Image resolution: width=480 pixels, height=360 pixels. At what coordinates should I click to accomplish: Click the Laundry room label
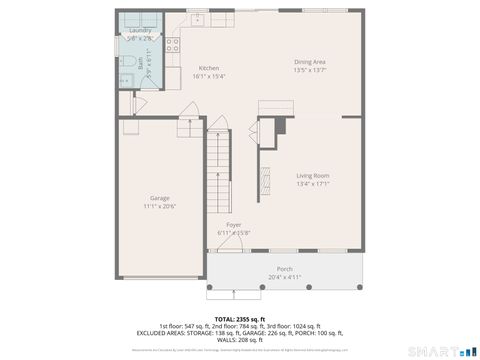click(140, 31)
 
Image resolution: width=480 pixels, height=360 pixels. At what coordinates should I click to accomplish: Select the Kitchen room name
click(209, 68)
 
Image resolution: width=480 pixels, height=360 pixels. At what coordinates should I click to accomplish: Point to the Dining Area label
click(310, 62)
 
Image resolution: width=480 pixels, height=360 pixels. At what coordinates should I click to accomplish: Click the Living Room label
click(313, 176)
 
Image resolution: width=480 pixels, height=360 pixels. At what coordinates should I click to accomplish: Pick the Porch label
click(285, 269)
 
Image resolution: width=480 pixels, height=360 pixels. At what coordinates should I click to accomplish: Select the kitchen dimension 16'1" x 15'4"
click(209, 76)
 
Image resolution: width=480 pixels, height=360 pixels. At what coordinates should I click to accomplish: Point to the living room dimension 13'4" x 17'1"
click(313, 184)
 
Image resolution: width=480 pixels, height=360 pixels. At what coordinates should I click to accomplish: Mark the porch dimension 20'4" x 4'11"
click(285, 277)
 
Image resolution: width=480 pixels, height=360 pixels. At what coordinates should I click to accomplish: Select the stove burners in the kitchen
click(172, 44)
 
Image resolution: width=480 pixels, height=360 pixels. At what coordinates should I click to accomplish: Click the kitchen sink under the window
click(198, 17)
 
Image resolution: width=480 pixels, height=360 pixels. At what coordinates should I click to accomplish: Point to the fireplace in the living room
click(265, 180)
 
